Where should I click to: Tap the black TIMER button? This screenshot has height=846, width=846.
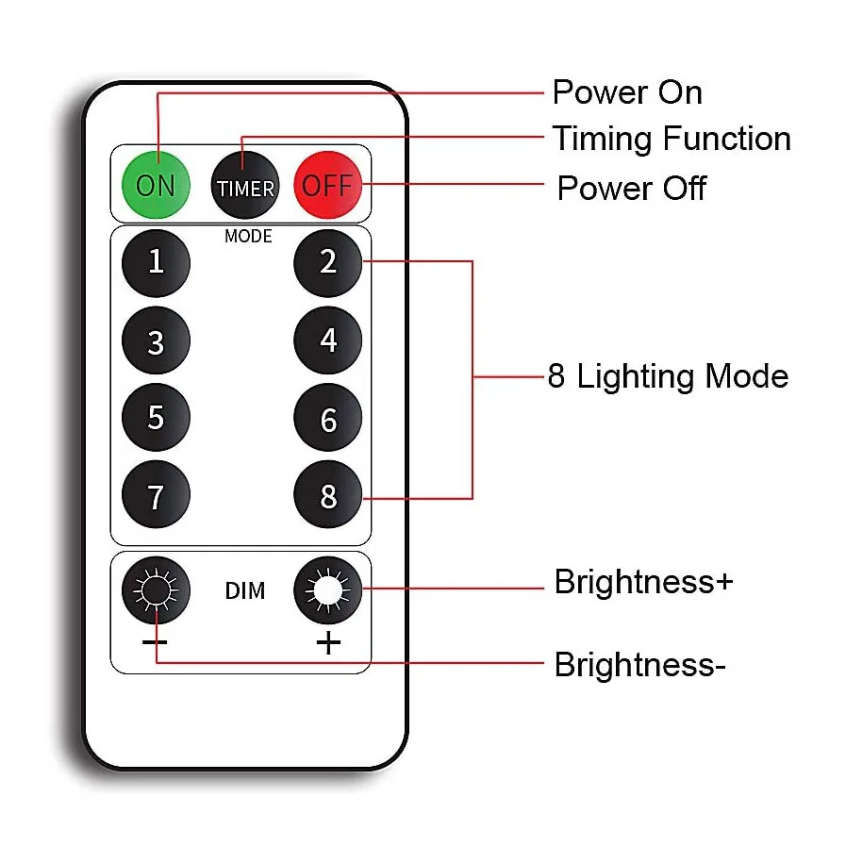[245, 186]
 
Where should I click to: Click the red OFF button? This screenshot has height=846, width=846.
[327, 185]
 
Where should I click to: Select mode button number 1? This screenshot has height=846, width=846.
[157, 261]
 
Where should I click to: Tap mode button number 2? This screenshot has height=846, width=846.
[327, 261]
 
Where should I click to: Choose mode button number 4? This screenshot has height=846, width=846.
[327, 340]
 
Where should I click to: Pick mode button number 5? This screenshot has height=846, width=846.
[157, 418]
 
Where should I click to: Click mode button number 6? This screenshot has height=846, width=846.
[327, 418]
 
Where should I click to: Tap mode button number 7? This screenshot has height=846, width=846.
[157, 495]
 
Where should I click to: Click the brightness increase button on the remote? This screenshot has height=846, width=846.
[327, 591]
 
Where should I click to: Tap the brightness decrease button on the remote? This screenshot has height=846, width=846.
[157, 591]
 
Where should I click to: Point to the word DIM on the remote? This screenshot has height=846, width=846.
[244, 591]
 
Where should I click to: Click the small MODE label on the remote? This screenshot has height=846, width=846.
[248, 236]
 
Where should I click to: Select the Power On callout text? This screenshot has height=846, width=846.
[626, 92]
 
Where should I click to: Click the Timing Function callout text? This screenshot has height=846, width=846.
[671, 139]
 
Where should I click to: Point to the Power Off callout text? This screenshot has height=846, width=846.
[631, 188]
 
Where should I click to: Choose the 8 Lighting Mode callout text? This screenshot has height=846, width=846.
[668, 376]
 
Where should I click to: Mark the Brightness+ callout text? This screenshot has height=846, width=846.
[643, 581]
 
